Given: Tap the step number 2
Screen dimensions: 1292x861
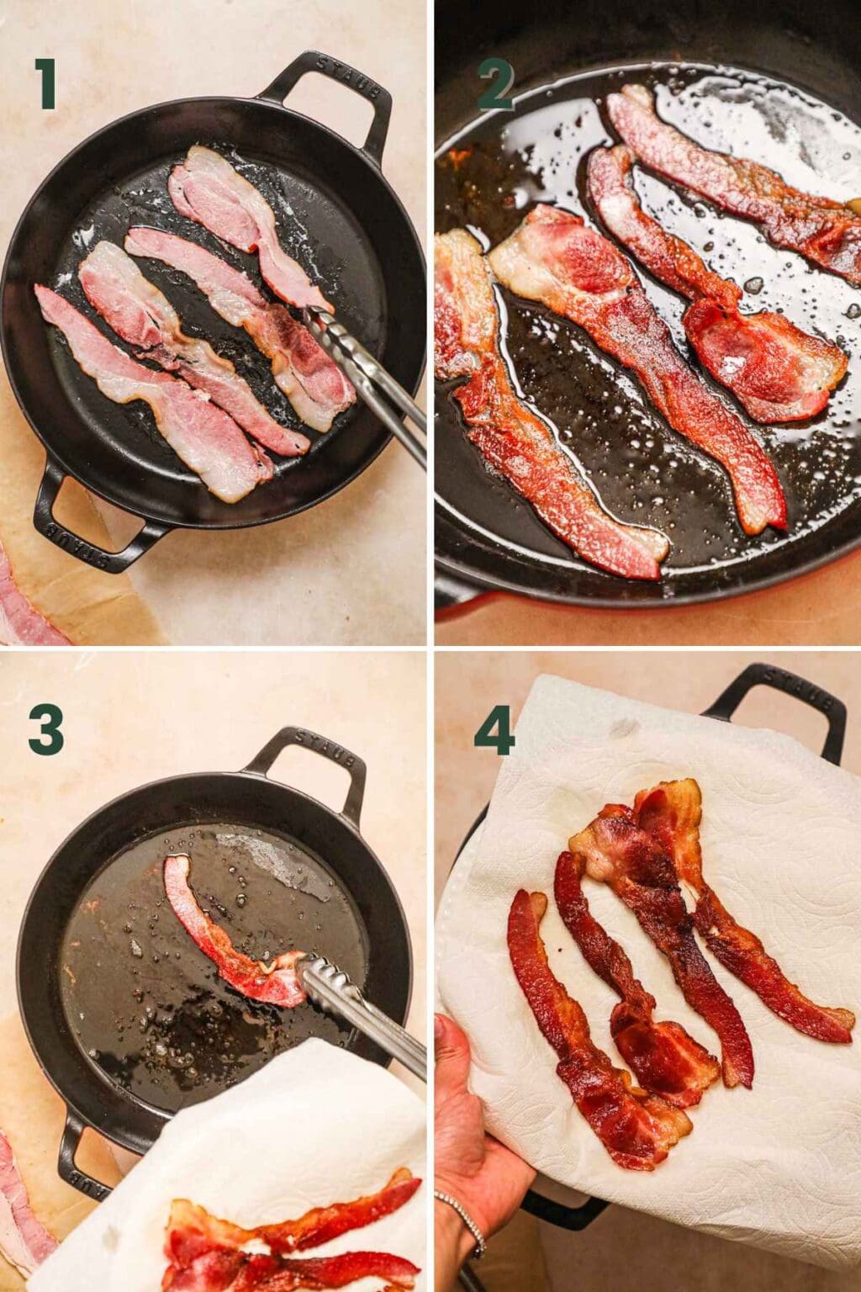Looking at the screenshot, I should pyautogui.click(x=496, y=87).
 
